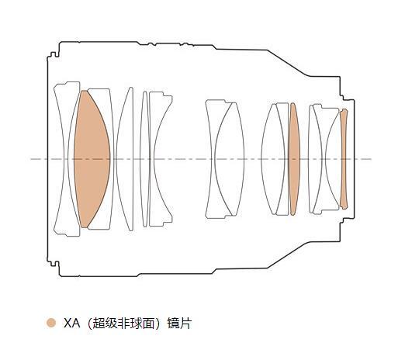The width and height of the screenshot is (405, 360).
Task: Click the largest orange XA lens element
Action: (x=92, y=159)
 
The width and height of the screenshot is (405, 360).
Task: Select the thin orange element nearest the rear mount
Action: (x=344, y=159)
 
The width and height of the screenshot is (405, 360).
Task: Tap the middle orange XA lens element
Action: (x=294, y=159)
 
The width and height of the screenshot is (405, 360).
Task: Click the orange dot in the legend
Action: (x=51, y=323)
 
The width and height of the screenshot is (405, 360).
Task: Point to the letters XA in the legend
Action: (x=71, y=324)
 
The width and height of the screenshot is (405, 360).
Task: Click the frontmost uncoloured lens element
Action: (x=66, y=159)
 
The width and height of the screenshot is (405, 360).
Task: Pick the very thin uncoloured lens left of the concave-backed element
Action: (x=145, y=159)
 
